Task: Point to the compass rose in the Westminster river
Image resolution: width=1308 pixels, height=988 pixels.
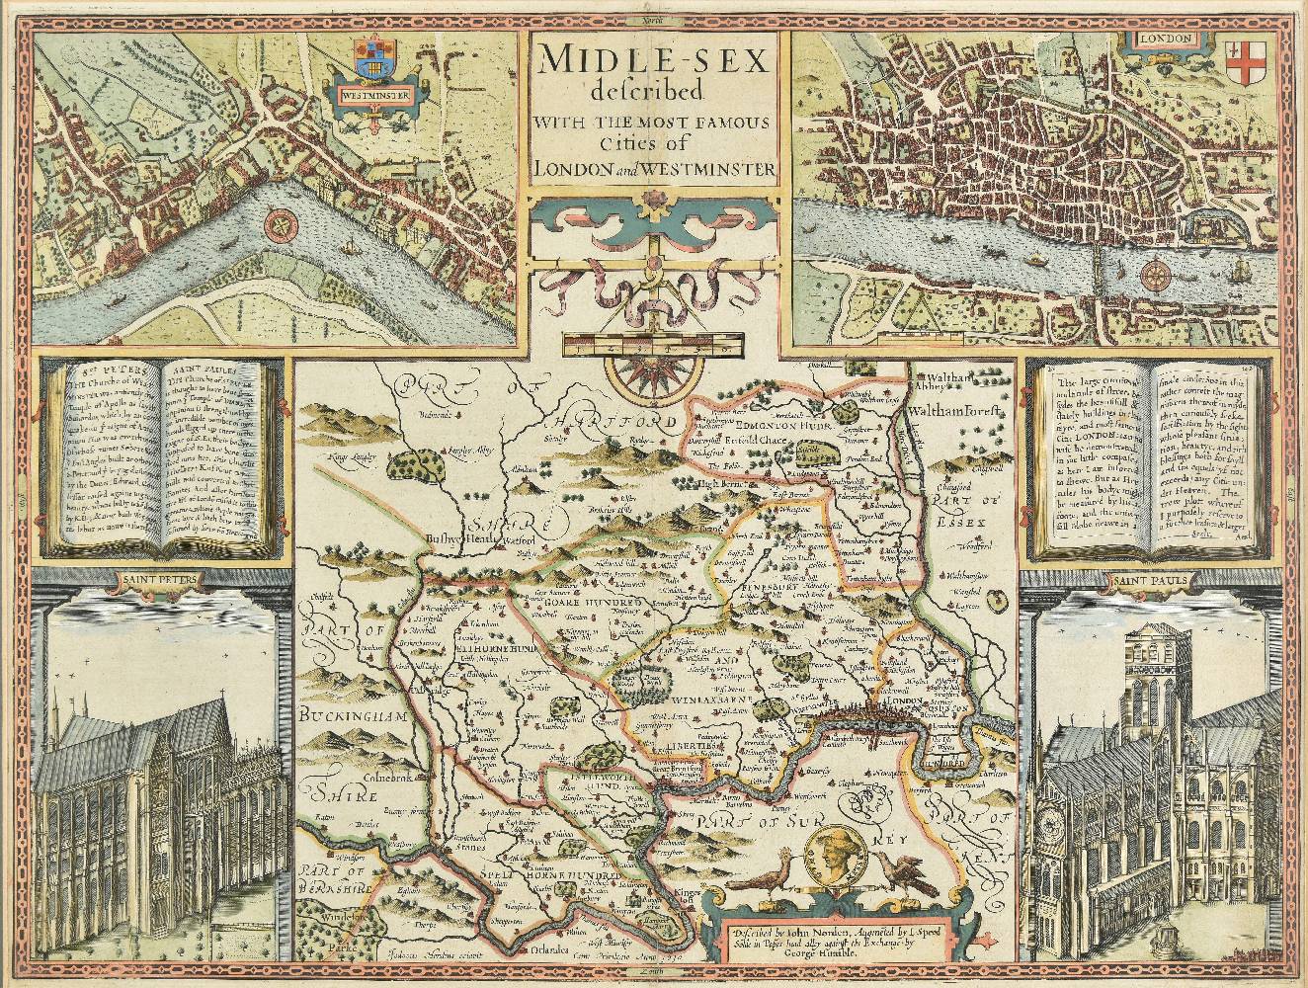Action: coord(281,224)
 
